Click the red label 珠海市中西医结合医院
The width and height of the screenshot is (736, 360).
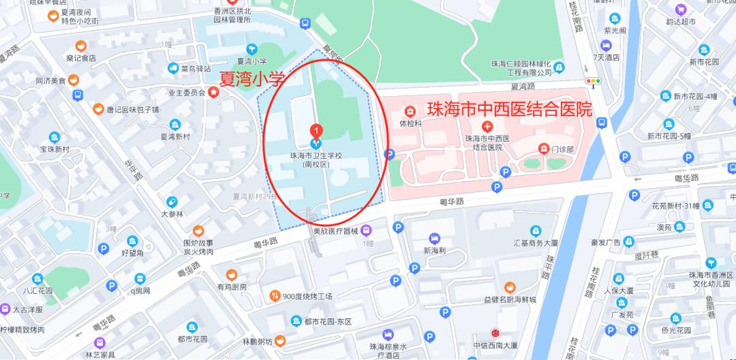coord(508,109)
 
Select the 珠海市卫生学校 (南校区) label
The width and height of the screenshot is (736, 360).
coord(316,160)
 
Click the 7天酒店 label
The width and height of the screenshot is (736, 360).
coord(607,57)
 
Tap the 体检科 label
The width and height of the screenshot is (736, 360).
coord(411,123)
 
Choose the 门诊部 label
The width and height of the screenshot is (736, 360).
coord(563,148)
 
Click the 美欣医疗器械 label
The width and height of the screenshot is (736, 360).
coord(336,230)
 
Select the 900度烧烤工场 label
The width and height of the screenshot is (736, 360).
coord(306,296)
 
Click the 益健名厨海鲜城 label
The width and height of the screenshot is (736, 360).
coord(510,299)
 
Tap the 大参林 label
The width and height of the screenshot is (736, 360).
coord(172,213)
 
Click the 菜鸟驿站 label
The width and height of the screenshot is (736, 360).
coord(196,68)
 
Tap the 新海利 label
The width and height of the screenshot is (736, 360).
coord(433,250)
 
